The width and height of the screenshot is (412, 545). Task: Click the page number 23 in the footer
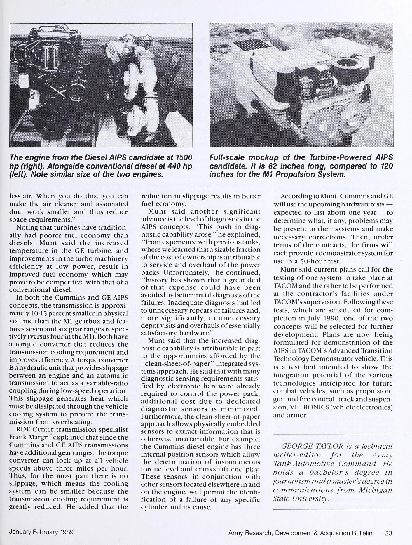click(x=388, y=533)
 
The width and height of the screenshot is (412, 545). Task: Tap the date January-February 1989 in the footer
click(x=41, y=532)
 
